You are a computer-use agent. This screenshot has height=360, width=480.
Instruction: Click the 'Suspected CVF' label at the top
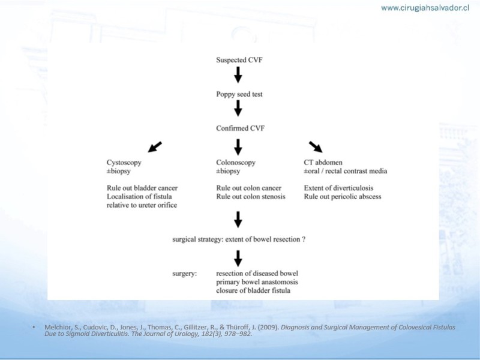239,60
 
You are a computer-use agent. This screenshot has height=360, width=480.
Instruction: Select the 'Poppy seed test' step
239,94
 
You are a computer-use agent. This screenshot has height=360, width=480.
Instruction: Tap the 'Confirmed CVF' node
241,128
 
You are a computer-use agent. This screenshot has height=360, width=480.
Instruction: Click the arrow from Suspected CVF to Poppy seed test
238,74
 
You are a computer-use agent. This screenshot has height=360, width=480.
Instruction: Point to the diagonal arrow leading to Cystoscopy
155,147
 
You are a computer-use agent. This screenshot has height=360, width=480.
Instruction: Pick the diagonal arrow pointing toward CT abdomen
316,147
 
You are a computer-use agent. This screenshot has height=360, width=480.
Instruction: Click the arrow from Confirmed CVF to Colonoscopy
238,147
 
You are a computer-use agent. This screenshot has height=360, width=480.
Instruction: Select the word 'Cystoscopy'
124,163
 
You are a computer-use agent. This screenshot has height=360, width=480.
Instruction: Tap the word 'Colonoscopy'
236,163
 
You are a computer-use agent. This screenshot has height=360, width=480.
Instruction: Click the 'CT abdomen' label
323,163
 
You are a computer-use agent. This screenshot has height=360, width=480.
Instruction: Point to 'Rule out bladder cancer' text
142,188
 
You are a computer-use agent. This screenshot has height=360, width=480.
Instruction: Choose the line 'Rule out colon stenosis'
251,197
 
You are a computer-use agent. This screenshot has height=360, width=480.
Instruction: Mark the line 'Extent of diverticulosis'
338,188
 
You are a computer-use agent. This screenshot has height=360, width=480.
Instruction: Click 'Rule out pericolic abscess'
343,197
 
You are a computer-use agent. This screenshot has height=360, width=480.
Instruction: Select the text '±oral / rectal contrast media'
346,171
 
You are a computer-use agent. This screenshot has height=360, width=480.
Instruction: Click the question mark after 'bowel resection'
304,239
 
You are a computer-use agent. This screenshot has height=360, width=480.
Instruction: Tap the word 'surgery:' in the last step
185,274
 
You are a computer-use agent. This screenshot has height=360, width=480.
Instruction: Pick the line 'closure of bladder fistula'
253,290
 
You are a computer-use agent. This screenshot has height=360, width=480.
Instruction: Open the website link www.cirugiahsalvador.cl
425,8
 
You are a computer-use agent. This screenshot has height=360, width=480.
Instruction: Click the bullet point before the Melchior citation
34,328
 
